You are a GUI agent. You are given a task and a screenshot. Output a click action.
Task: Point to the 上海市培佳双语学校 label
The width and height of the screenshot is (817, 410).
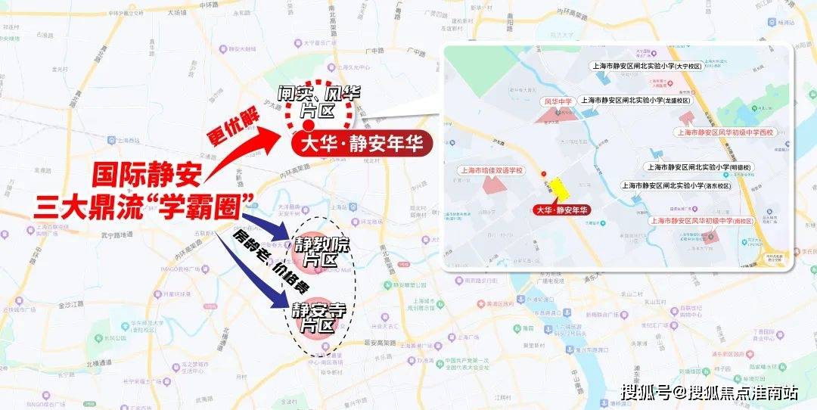(x=492, y=170)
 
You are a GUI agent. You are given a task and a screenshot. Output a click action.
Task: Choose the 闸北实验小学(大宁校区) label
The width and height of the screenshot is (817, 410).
(x=646, y=67)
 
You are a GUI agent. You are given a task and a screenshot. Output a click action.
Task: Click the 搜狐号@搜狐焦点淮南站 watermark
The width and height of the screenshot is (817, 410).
(x=710, y=392)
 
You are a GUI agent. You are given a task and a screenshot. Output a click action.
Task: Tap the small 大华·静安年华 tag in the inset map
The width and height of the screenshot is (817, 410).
(x=561, y=210)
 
